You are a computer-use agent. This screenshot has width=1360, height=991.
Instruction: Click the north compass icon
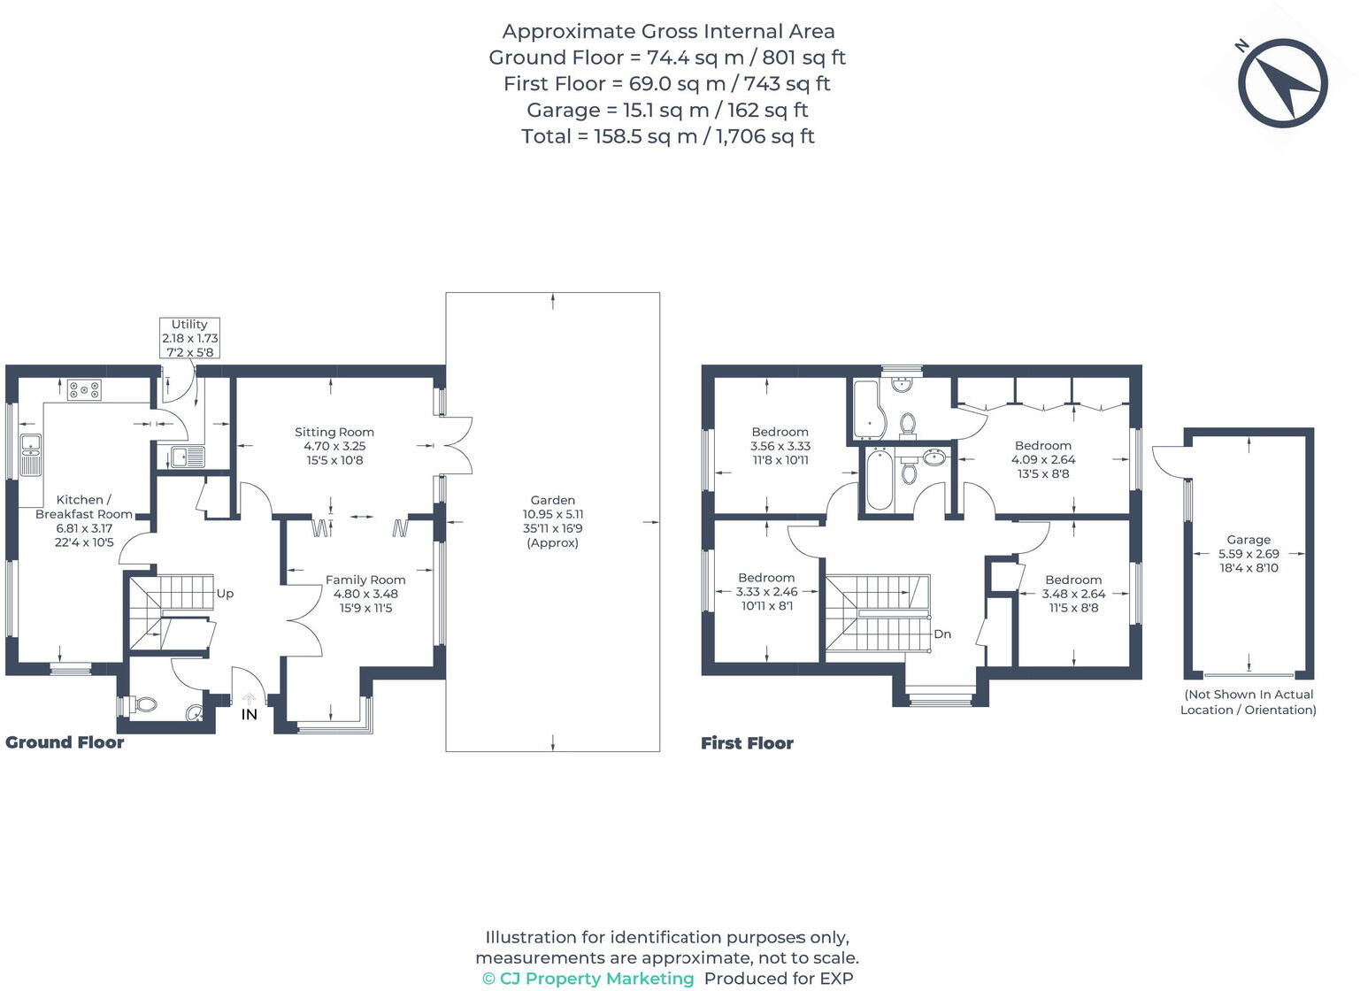coord(1282,83)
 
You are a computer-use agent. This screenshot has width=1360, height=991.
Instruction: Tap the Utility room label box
coord(189,338)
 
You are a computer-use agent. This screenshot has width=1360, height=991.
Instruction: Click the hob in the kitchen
coord(84,389)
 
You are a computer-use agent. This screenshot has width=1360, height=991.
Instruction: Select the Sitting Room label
coord(334,446)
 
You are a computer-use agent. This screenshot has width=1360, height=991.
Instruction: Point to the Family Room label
coord(365,594)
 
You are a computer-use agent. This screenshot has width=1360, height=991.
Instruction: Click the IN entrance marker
coord(250,713)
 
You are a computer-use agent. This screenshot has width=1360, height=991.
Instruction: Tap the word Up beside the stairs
coord(225,594)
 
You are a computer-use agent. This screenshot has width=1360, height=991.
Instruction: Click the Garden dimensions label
coord(553,522)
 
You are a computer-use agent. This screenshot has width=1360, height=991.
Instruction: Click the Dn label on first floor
coord(942,634)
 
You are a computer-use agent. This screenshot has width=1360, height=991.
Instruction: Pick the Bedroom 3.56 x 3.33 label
coord(780,446)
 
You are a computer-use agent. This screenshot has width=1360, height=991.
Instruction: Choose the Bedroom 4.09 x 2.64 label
coord(1043,459)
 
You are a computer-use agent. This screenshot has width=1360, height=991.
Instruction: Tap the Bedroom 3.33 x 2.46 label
coord(766,591)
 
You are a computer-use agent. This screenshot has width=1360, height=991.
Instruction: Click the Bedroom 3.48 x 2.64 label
coord(1073,594)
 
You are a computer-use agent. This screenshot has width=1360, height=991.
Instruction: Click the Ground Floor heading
coord(65,742)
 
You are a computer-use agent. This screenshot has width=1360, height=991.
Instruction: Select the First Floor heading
coord(747,743)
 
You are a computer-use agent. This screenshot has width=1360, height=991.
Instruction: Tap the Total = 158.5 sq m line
coord(668,136)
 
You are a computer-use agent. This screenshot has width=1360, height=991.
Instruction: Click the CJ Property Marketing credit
coord(588,979)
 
